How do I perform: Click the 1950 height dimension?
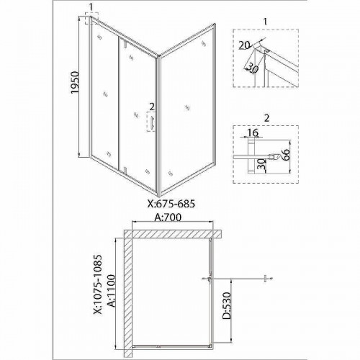coord(75,82)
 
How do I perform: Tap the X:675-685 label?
coord(171,204)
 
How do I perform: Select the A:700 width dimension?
coord(168,217)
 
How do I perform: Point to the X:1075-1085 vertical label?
coord(98,284)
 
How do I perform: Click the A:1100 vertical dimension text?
coord(111,291)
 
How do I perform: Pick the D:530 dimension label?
coord(226,305)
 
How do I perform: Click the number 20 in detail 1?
coord(245,45)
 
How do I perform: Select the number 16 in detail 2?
coord(252,132)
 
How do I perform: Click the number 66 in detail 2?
coord(285,154)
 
